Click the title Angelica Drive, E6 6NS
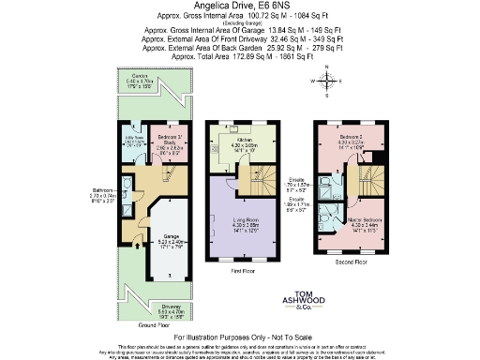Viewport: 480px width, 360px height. tap(238, 7)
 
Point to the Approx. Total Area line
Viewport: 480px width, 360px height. tap(238, 57)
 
